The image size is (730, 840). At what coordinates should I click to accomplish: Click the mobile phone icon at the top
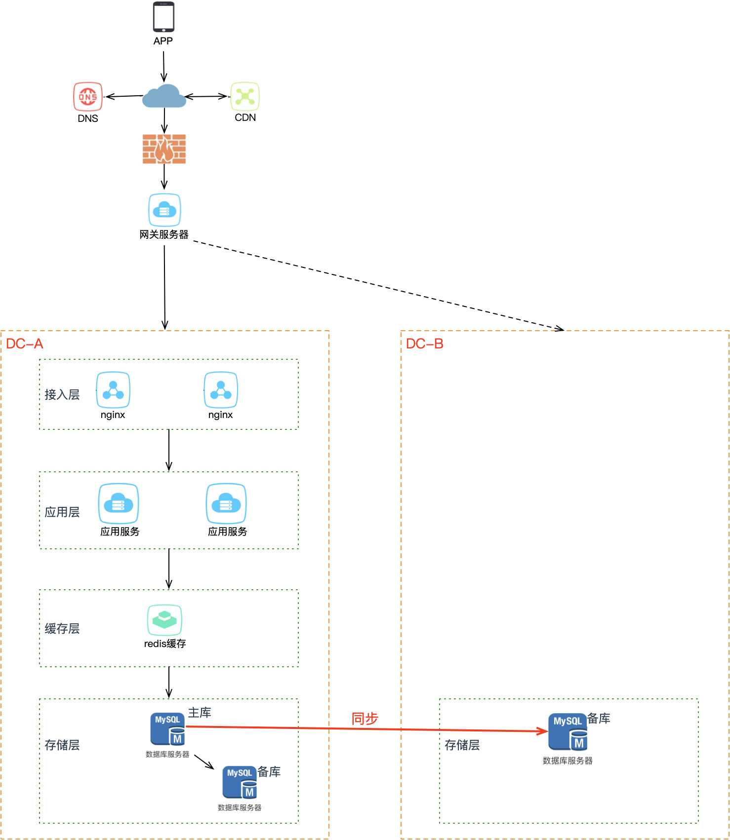click(x=163, y=18)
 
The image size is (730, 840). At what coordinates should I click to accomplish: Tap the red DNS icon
click(x=87, y=97)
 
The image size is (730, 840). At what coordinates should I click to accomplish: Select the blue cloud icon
click(x=164, y=96)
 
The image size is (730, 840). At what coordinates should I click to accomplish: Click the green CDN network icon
click(x=245, y=96)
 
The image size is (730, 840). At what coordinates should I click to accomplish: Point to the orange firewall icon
click(x=164, y=149)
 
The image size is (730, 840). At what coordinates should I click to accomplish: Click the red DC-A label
click(x=25, y=344)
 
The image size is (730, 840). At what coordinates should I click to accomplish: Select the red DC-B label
click(x=425, y=344)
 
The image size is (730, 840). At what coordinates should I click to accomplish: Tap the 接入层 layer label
click(x=62, y=395)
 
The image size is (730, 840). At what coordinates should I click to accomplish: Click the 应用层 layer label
click(x=62, y=512)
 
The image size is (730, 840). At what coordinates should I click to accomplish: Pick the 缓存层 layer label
click(x=62, y=629)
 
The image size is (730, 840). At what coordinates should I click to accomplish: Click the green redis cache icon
click(x=164, y=620)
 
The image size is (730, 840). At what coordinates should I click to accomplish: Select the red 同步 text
click(x=365, y=719)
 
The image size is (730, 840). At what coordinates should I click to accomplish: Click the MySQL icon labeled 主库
click(x=168, y=728)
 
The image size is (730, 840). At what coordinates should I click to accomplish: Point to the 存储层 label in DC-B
click(x=462, y=745)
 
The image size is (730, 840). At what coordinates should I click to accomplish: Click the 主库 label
click(x=200, y=713)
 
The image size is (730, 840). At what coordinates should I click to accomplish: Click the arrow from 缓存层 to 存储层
click(x=169, y=682)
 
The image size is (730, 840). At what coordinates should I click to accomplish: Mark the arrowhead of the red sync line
click(x=543, y=731)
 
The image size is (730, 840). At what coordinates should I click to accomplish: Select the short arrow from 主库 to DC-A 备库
click(x=204, y=762)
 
